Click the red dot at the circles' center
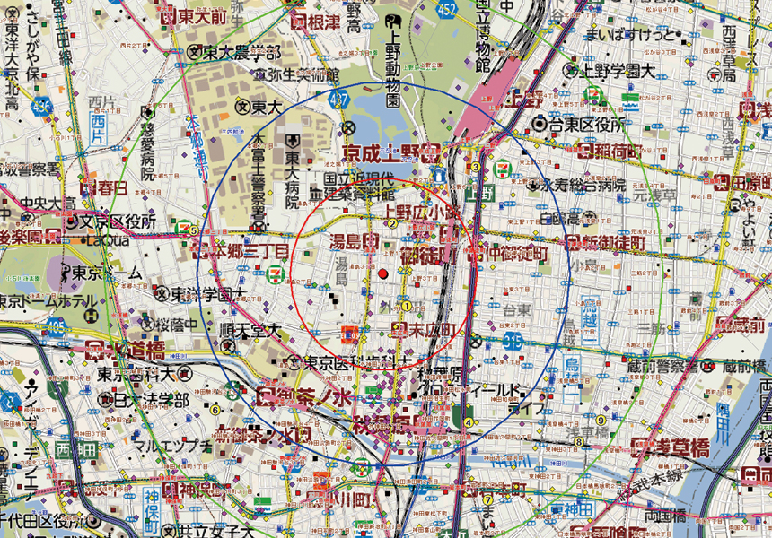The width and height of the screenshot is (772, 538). [383, 273]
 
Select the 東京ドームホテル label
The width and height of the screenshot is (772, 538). [54, 298]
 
